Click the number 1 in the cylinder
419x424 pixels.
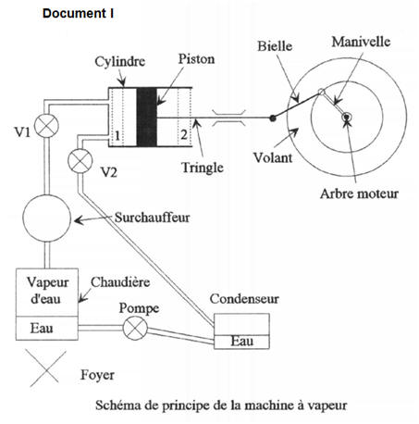(117, 137)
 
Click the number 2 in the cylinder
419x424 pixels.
(185, 137)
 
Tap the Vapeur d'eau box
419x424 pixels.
(43, 292)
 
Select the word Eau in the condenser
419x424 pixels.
(241, 342)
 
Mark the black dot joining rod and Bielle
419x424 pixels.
(271, 118)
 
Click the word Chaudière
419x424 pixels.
(117, 281)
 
